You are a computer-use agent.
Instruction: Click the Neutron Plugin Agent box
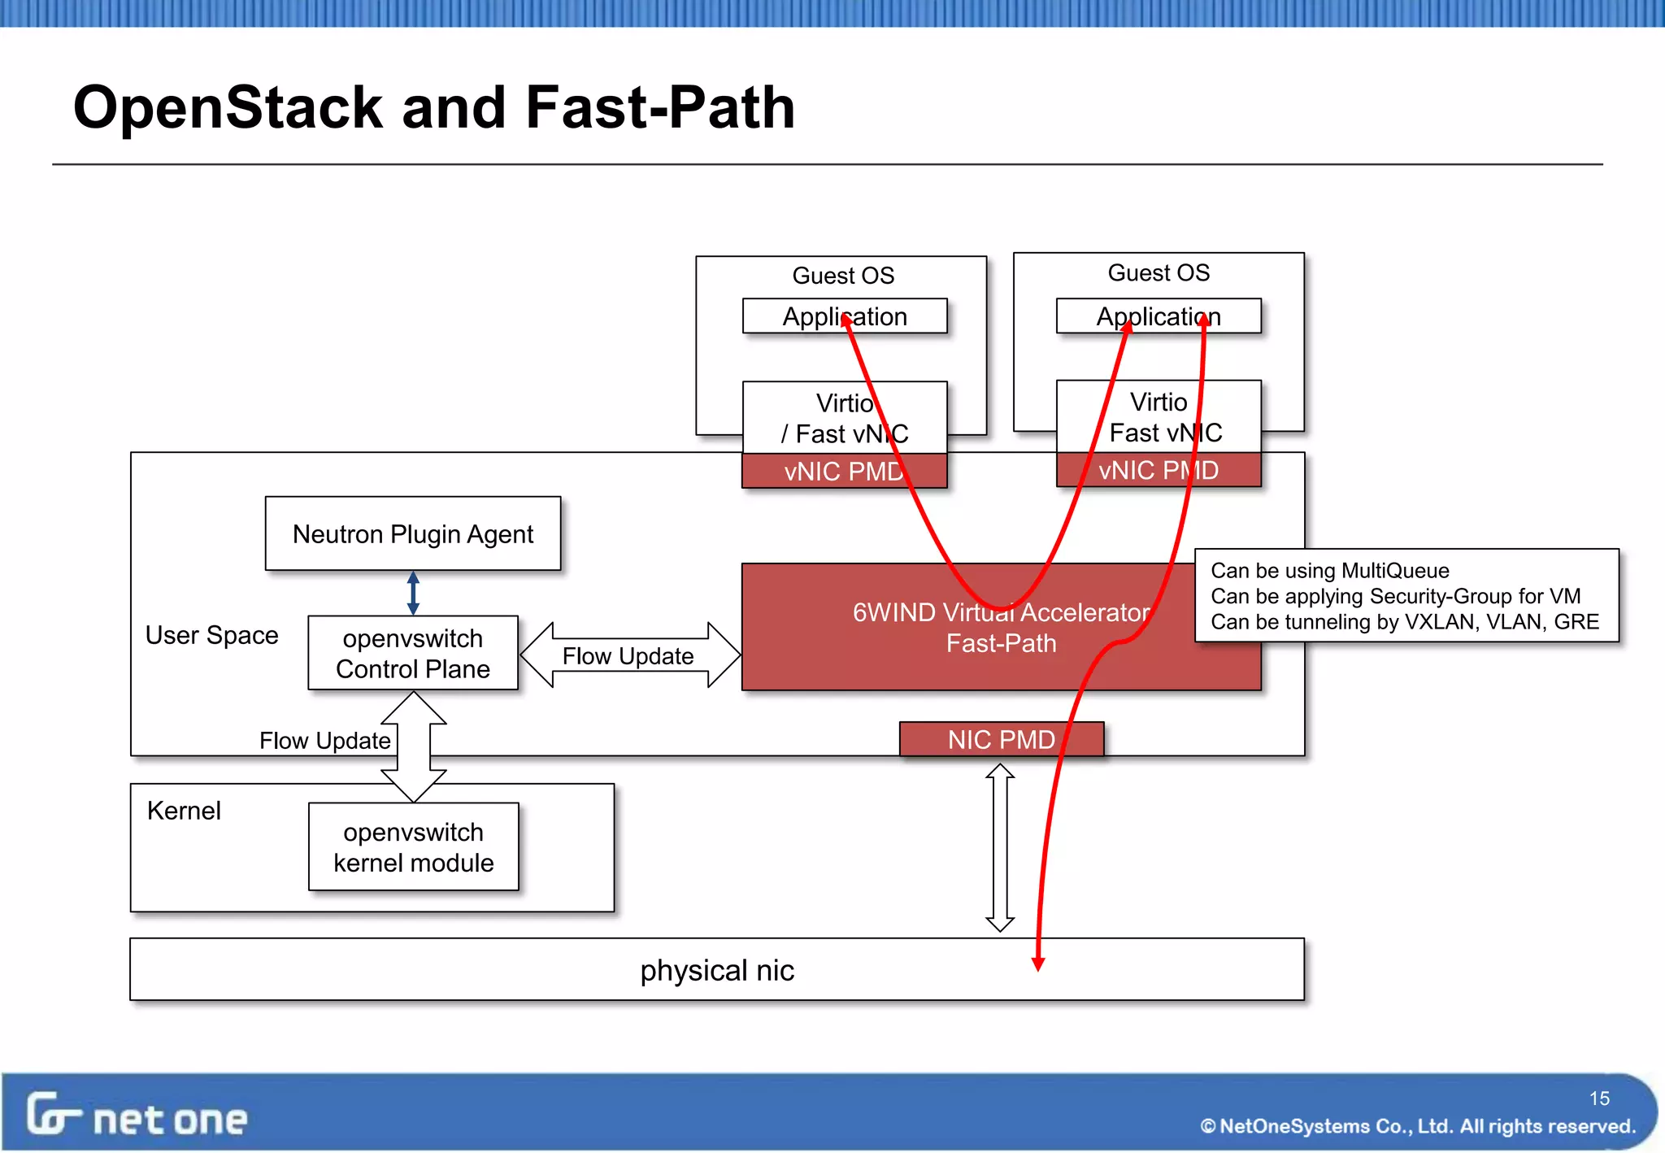(x=413, y=533)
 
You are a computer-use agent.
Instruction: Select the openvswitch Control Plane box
(x=413, y=653)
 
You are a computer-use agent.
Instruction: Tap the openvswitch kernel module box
(x=413, y=846)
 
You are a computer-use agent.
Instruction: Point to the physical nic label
(x=716, y=970)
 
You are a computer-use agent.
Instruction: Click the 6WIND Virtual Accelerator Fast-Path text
(x=1001, y=627)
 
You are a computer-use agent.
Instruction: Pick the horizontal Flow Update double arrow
(x=629, y=655)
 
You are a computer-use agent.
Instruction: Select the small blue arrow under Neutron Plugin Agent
(x=413, y=593)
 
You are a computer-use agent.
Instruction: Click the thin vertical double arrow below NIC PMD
(x=1000, y=846)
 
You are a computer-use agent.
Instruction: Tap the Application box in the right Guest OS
(x=1158, y=316)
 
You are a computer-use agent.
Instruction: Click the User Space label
(x=211, y=635)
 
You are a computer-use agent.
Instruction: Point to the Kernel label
(x=184, y=811)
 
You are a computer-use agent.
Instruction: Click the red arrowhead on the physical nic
(x=1038, y=964)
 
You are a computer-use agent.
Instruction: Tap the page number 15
(x=1599, y=1099)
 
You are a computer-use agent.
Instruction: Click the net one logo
(x=137, y=1116)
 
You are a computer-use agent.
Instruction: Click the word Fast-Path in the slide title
(x=660, y=107)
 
